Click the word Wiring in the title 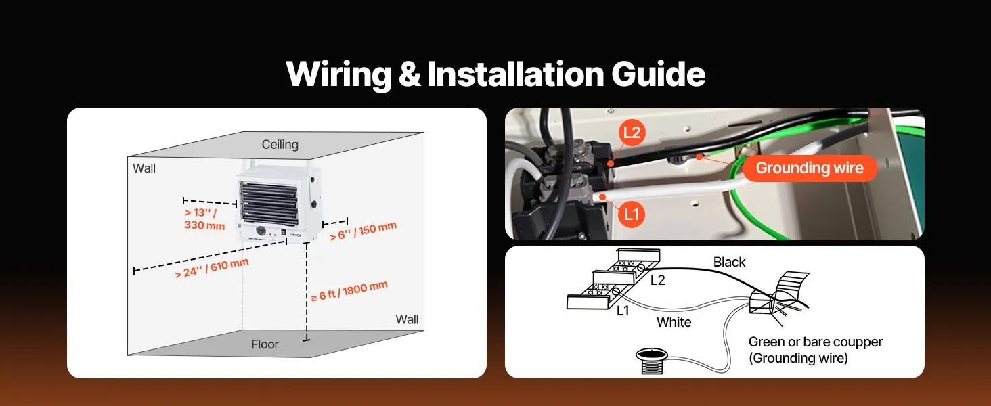coord(339,74)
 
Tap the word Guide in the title coord(658,74)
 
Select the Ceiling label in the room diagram coord(280,145)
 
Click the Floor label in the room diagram coord(265,344)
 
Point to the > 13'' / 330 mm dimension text coord(204,219)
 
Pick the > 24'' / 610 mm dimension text coord(212,269)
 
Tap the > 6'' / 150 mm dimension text coord(364,231)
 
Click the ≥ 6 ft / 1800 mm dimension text coord(349,291)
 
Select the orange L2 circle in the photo coord(632,133)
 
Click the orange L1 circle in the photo coord(632,215)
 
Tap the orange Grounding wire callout coord(810,168)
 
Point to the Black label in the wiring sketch coord(729,263)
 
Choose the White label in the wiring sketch coord(674,322)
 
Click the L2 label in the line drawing coord(658,280)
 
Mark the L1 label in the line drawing coord(623,311)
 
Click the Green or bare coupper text coord(816,342)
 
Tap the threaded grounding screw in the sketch coord(652,361)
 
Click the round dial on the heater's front coord(261,231)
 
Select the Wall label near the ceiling coord(144,168)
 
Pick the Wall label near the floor coord(407,319)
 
